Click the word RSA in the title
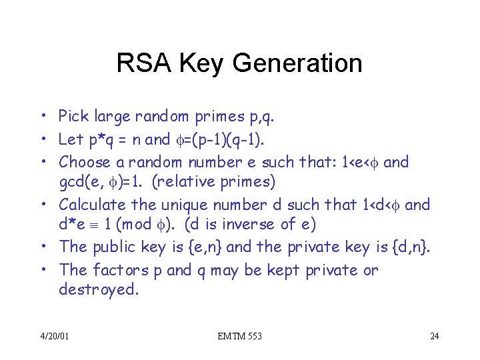point(138,64)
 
